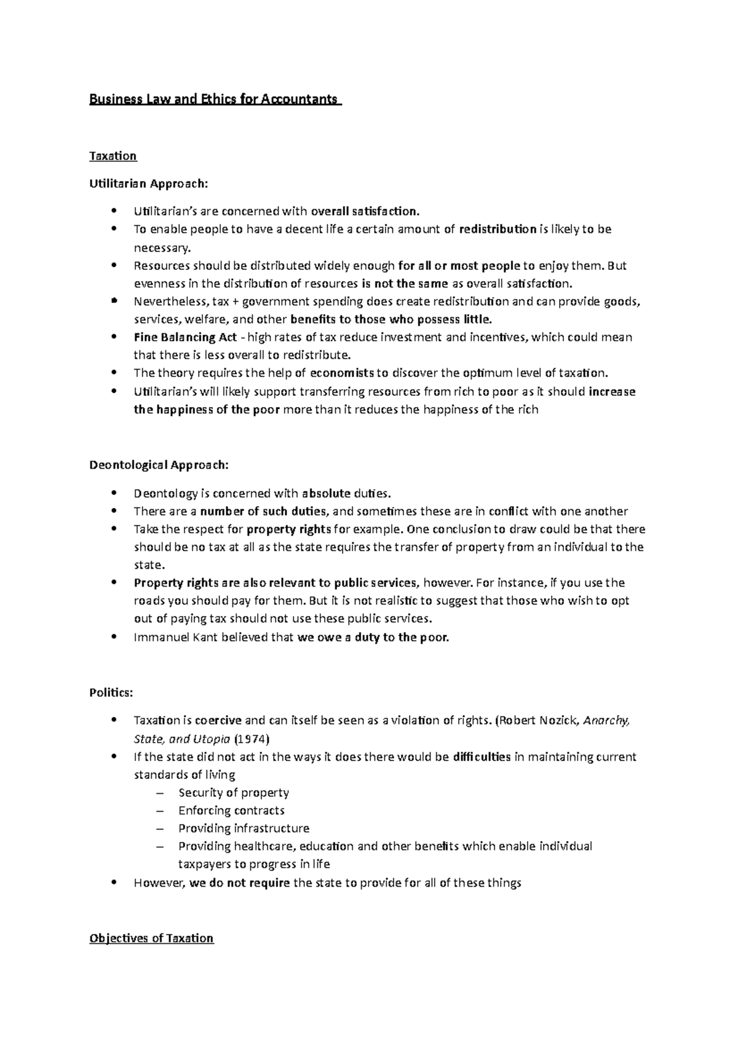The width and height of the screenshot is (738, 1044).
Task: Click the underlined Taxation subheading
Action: coord(113,156)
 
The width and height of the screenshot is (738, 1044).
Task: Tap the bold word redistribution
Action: coord(498,229)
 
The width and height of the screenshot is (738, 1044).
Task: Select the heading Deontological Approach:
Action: coord(159,465)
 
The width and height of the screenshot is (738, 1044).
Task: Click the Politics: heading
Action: coord(111,692)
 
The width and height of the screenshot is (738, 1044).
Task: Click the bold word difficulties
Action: coord(482,757)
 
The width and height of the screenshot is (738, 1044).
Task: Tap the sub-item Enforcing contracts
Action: coord(231,810)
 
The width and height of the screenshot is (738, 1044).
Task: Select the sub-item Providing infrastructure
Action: coord(244,828)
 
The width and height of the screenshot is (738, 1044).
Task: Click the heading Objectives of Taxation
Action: coord(151,938)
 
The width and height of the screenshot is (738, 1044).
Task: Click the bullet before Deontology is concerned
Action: coord(114,493)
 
